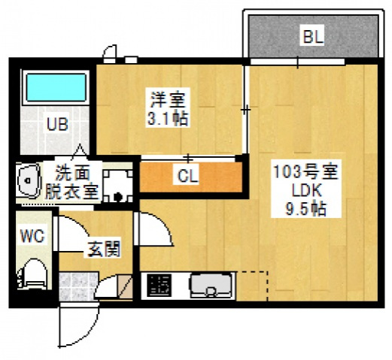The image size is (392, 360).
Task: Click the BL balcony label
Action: pyautogui.click(x=312, y=36)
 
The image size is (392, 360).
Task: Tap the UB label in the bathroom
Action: pyautogui.click(x=57, y=124)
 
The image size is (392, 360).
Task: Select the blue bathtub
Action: pyautogui.click(x=56, y=88)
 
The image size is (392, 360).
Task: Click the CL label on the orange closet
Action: pyautogui.click(x=188, y=177)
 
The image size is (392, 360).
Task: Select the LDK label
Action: pyautogui.click(x=305, y=191)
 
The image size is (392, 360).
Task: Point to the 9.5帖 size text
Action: pyautogui.click(x=305, y=210)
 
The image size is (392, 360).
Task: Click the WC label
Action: pyautogui.click(x=32, y=236)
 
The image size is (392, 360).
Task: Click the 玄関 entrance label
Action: pyautogui.click(x=102, y=249)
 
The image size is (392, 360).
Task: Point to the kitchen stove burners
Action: pyautogui.click(x=159, y=286)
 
